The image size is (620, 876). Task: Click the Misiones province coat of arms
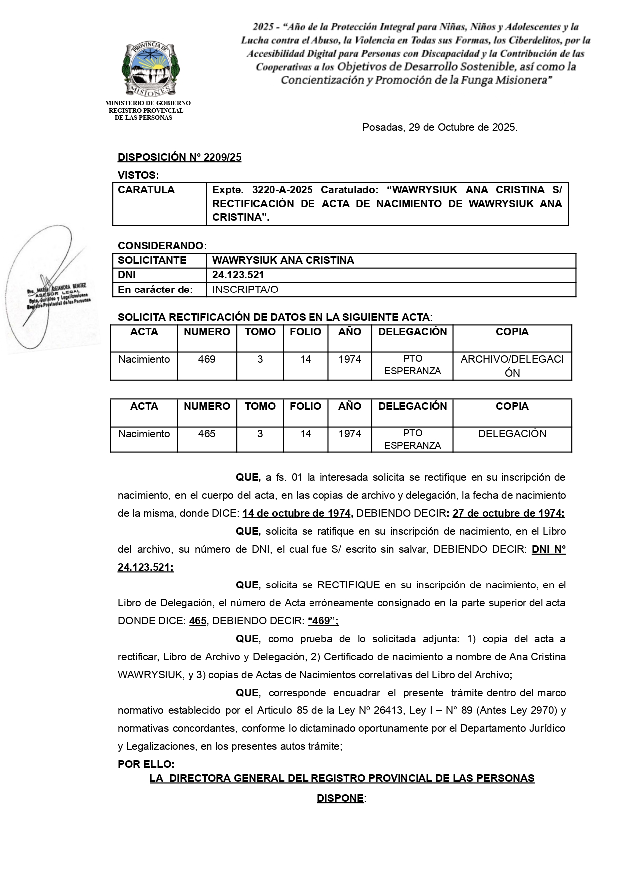151,69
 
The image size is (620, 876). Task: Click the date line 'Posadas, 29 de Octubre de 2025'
440,127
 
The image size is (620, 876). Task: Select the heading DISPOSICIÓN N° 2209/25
179,157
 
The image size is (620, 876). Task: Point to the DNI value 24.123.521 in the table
238,275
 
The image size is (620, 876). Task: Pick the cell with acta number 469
207,359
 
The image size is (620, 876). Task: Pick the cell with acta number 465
207,434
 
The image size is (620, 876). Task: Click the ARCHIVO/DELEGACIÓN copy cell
512,366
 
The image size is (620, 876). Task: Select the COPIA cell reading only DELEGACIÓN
512,434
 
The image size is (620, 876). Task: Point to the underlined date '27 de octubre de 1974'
508,513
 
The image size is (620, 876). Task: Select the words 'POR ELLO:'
146,764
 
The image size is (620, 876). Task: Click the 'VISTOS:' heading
138,175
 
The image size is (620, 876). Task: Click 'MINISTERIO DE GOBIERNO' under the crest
148,103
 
